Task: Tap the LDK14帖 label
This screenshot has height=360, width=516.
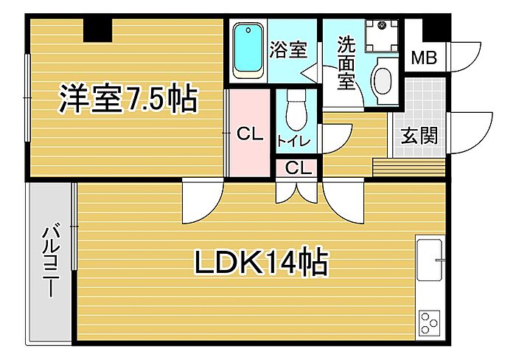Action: [261, 261]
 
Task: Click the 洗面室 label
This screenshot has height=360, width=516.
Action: [346, 63]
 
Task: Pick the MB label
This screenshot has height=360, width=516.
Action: [423, 58]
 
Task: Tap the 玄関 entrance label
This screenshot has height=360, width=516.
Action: [419, 135]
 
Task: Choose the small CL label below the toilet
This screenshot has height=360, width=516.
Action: [298, 167]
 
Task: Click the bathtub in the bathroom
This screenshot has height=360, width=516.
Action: [248, 50]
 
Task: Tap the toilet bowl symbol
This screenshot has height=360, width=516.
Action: [295, 111]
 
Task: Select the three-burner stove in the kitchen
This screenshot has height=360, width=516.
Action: [429, 322]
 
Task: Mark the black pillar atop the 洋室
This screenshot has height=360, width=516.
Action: [97, 30]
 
